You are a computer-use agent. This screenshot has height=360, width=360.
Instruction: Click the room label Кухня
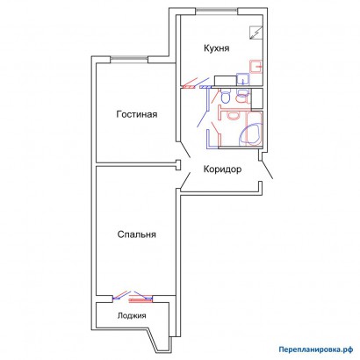pos(217,48)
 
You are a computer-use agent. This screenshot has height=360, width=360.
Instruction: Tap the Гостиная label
pos(137,114)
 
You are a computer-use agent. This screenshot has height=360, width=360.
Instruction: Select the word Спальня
pos(137,234)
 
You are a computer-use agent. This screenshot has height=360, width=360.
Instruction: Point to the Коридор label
pos(222,169)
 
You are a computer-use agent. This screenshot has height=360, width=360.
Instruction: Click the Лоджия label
pos(132,316)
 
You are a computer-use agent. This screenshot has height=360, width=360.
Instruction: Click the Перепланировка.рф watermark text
pos(316,349)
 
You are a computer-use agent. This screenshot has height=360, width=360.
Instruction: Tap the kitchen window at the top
pos(217,11)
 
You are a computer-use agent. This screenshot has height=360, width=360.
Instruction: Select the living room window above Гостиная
pos(129,59)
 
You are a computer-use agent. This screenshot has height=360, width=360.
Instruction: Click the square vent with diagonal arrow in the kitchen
pos(256,32)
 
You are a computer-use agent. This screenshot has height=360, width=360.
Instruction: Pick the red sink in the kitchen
pos(256,67)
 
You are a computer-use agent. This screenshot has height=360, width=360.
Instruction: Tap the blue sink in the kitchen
pos(243,80)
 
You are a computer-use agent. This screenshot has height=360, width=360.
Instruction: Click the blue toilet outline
pos(225,97)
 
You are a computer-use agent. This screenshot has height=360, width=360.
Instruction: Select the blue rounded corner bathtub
pos(249,135)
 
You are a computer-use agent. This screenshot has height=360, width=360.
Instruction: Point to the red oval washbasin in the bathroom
pos(233,117)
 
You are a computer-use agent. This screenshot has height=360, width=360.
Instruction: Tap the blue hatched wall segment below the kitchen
pos(205,87)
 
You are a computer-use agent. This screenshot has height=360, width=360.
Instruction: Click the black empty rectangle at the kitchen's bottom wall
pos(226,81)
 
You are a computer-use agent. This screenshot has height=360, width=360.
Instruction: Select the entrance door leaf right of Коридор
pos(267,169)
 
